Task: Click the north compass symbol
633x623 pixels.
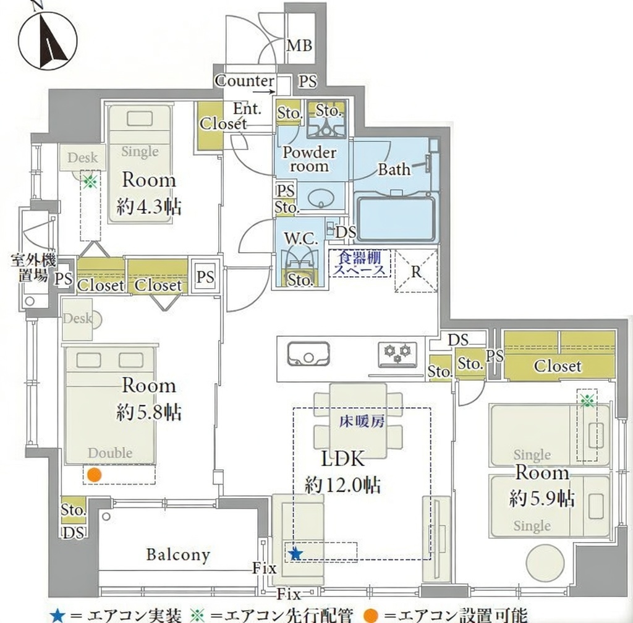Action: [48, 41]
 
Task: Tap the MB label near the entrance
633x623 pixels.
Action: [299, 45]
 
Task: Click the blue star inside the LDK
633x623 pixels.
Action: [296, 554]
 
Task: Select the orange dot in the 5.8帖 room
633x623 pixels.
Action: [95, 475]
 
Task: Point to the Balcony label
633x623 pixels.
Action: [178, 555]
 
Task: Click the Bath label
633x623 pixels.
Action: [394, 169]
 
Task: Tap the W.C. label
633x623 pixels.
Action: [301, 238]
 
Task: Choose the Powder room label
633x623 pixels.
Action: [309, 159]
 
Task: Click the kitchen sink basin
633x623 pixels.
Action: [308, 354]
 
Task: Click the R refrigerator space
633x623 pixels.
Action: [416, 271]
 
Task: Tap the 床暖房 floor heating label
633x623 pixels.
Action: [362, 422]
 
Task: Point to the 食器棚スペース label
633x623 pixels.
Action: [360, 263]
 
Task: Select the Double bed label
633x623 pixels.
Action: [110, 452]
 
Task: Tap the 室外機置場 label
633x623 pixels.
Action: [33, 268]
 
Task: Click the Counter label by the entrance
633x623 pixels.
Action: [245, 81]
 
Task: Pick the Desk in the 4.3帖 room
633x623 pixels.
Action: [82, 157]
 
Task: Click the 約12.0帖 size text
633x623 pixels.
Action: [342, 485]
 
